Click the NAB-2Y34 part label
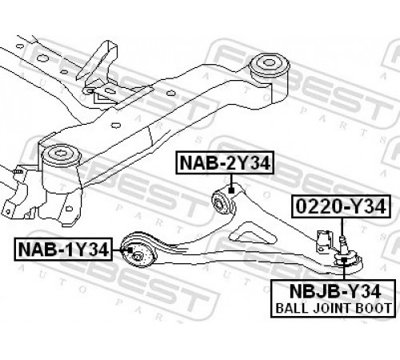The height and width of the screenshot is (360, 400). (x=225, y=162)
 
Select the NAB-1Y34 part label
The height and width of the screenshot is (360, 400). (x=63, y=250)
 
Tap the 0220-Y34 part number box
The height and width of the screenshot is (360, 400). (x=341, y=206)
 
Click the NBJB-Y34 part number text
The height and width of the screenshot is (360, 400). (x=335, y=291)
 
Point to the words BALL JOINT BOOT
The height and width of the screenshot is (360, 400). (x=333, y=308)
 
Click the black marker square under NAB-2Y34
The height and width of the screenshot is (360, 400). (x=231, y=190)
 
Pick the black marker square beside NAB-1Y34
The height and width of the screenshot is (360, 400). (x=130, y=250)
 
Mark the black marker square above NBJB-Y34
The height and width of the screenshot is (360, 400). (x=344, y=260)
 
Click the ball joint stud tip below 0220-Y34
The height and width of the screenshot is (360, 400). (x=342, y=238)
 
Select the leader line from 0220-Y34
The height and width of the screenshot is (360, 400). (x=342, y=226)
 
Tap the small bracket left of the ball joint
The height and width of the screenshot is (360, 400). (x=324, y=240)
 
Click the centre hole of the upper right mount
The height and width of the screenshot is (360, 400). (x=269, y=62)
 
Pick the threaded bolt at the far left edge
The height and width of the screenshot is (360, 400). (x=18, y=170)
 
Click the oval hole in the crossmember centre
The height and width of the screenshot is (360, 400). (x=115, y=125)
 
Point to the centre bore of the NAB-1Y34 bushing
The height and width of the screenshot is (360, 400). (x=137, y=257)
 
